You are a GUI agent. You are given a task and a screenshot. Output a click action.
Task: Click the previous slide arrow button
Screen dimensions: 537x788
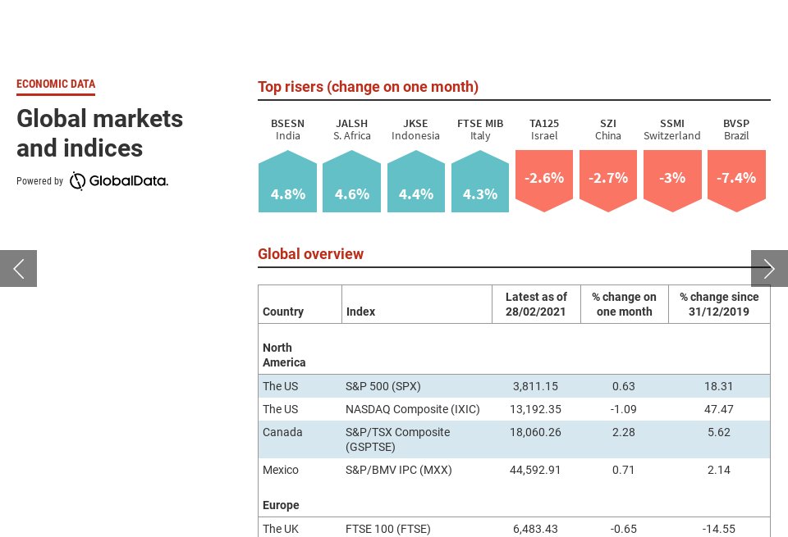click(x=18, y=268)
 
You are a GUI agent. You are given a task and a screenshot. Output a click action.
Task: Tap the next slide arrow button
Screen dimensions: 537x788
click(x=769, y=268)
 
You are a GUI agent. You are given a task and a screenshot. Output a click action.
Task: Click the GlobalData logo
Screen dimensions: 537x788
click(x=118, y=181)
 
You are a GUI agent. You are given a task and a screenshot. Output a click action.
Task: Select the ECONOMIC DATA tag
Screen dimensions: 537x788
click(x=56, y=84)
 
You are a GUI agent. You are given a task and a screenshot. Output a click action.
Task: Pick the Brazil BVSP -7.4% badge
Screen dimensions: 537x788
click(x=736, y=179)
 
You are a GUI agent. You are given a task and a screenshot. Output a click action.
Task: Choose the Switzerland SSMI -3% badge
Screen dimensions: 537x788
click(x=672, y=179)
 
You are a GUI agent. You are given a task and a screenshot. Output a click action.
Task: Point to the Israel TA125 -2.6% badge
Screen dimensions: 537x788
click(x=543, y=179)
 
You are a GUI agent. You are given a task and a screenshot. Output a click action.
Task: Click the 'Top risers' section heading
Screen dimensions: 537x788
click(x=368, y=87)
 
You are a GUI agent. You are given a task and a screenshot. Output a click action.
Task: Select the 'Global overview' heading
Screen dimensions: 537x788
click(x=310, y=254)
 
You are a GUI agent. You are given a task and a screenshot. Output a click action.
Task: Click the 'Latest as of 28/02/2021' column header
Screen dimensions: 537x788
click(x=536, y=304)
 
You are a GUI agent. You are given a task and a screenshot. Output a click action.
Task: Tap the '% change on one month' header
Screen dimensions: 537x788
click(x=624, y=304)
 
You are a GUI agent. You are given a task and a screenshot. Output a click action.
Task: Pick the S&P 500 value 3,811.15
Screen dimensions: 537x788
click(x=535, y=386)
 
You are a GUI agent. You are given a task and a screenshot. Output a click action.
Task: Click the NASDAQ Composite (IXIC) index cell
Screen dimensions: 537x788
click(x=413, y=409)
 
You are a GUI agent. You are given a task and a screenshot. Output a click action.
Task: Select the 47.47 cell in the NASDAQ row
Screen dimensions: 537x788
click(x=719, y=409)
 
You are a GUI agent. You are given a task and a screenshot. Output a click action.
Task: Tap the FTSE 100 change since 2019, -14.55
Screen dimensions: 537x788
click(x=719, y=529)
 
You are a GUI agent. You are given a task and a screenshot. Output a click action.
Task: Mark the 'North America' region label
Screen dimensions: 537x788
click(x=284, y=355)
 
